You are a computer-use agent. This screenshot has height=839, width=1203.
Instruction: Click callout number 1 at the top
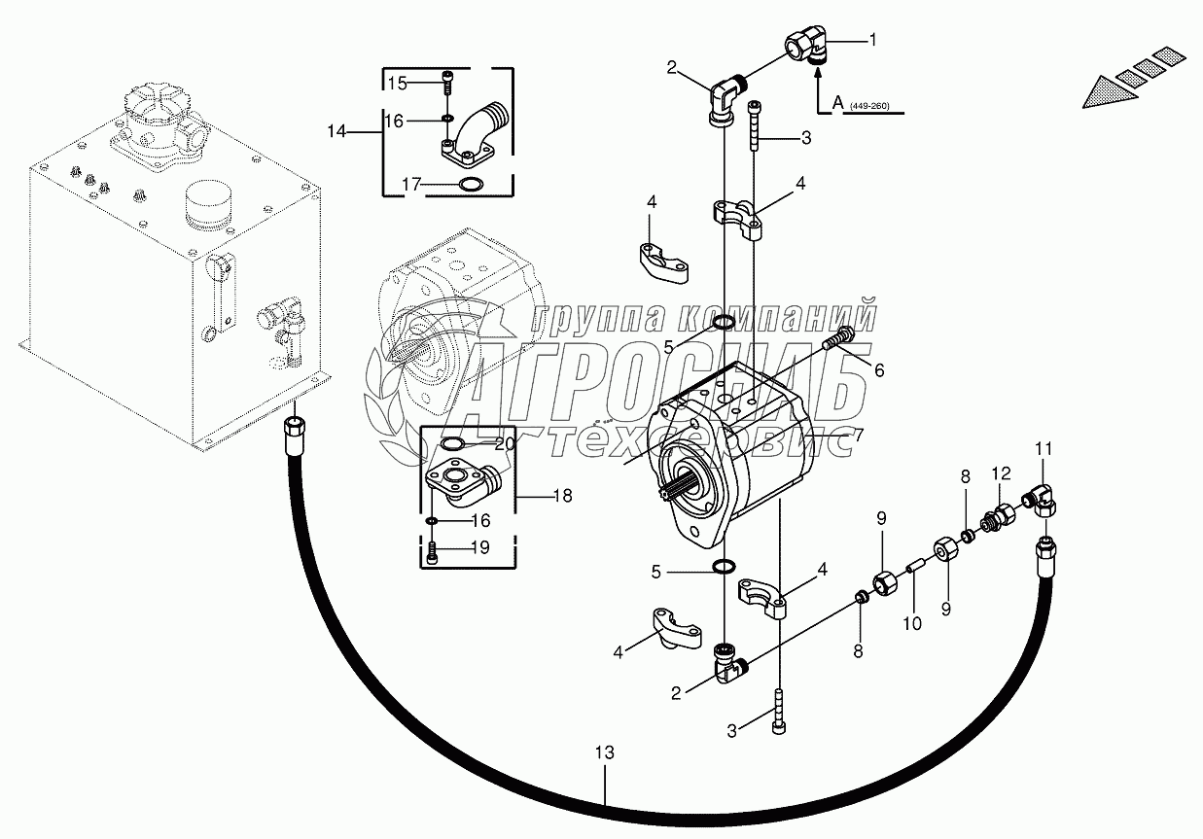point(872,40)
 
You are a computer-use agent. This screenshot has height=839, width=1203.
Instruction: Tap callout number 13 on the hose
point(605,752)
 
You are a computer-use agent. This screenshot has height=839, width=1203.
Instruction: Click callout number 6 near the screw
point(879,369)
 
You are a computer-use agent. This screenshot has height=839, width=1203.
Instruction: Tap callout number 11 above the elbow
point(1043,448)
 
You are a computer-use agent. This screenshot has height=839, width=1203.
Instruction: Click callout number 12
point(1001,472)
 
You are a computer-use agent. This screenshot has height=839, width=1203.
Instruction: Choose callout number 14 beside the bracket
point(336,130)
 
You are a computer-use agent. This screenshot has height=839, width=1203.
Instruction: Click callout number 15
point(397,83)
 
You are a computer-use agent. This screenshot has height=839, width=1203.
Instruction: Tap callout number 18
point(561,496)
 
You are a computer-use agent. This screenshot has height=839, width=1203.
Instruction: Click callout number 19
point(478,547)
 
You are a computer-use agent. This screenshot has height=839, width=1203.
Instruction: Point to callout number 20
point(504,444)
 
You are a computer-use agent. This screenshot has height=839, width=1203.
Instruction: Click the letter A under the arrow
point(838,102)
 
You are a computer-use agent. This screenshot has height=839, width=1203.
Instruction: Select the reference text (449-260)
point(869,106)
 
